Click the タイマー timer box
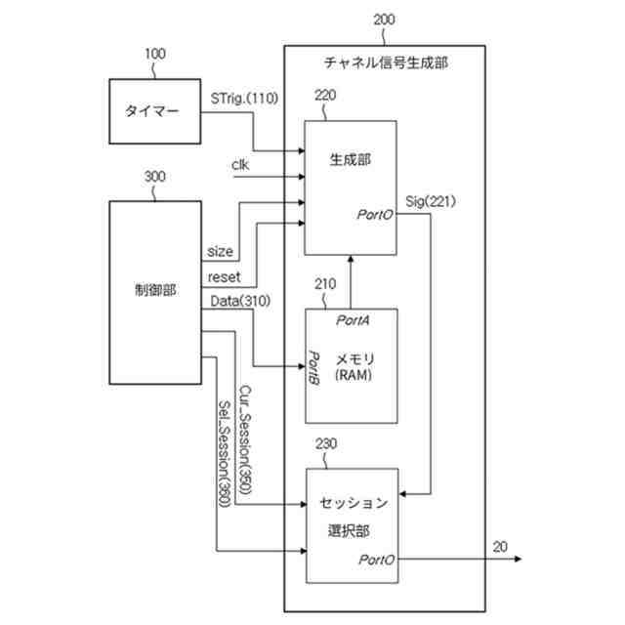point(150,111)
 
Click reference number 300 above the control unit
point(154,178)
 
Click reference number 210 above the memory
point(325,284)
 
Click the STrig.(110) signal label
point(244,98)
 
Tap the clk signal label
point(240,164)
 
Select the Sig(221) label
point(430,202)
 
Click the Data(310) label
point(240,300)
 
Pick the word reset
point(225,276)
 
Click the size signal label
point(220,251)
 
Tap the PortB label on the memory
point(315,365)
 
